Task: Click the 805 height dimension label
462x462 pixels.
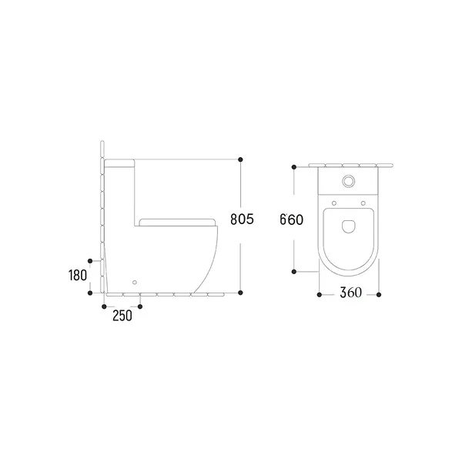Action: point(242,219)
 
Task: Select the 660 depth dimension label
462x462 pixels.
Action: point(291,219)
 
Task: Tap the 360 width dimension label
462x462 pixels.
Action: point(350,293)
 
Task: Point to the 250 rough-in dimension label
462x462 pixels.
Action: point(122,316)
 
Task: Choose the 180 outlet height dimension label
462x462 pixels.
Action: point(78,276)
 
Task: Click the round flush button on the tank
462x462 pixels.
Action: point(349,181)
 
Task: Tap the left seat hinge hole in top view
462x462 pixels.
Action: point(334,203)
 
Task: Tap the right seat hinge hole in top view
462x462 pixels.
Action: point(363,203)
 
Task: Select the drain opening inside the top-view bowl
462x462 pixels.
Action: point(349,226)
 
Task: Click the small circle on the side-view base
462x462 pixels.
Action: point(135,283)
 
